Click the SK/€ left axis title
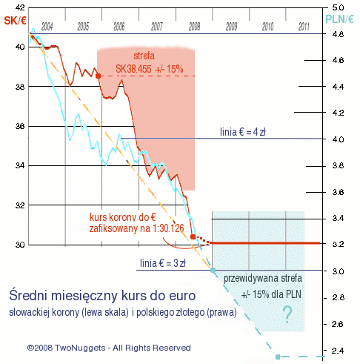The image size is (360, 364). (15, 20)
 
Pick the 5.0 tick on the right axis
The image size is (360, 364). (336, 7)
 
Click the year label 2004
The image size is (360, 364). (47, 26)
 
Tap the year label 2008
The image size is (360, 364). (193, 26)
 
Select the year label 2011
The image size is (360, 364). (304, 26)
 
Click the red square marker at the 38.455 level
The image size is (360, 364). (99, 76)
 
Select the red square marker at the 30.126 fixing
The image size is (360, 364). (193, 237)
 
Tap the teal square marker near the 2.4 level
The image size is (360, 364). (278, 357)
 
